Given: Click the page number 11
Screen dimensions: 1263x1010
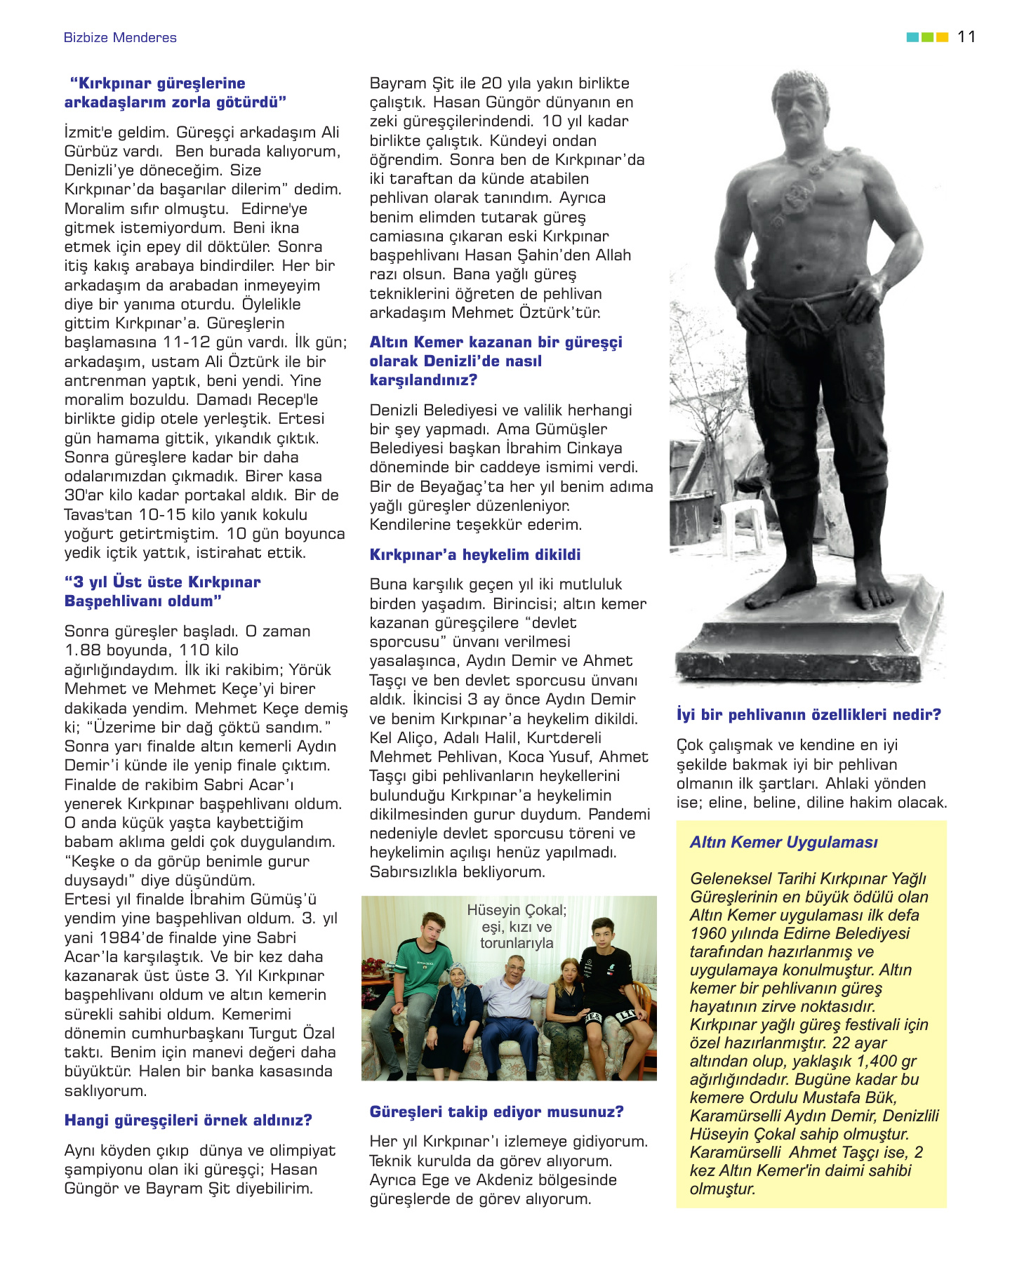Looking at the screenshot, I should pyautogui.click(x=966, y=37).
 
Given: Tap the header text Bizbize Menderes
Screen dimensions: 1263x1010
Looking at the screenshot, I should pyautogui.click(x=120, y=38).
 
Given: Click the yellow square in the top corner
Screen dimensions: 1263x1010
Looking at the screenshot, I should pyautogui.click(x=943, y=37).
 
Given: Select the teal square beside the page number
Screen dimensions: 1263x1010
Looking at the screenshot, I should pyautogui.click(x=912, y=37).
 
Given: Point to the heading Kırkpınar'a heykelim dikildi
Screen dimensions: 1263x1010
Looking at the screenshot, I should pyautogui.click(x=475, y=555).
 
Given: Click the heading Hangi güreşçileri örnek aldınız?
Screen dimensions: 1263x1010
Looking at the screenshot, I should pyautogui.click(x=188, y=1121).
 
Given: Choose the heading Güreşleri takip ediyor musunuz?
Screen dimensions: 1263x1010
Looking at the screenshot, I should pyautogui.click(x=496, y=1112).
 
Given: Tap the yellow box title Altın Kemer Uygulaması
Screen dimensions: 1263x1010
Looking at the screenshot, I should pyautogui.click(x=783, y=843).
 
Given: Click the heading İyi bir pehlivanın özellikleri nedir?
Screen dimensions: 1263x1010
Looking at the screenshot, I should pyautogui.click(x=809, y=715).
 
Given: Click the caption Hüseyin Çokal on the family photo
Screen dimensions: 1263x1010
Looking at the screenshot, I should pyautogui.click(x=517, y=911).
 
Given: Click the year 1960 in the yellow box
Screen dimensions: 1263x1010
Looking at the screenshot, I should pyautogui.click(x=708, y=934).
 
